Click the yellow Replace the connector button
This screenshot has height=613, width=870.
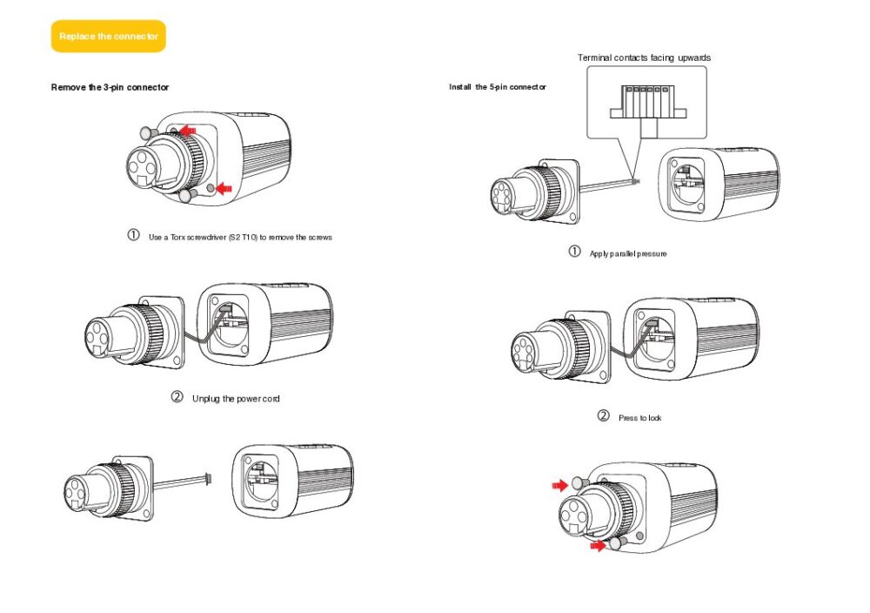coord(108,37)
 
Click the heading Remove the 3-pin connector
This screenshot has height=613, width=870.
coord(110,87)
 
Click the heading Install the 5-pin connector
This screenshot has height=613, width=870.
coord(498,87)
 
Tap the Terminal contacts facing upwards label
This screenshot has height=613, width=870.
coord(644,57)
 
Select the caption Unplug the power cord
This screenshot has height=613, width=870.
coord(236,399)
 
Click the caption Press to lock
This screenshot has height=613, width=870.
coord(639,418)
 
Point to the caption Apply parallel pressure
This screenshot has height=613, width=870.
coord(628,253)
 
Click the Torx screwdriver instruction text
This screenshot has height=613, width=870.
coord(240,237)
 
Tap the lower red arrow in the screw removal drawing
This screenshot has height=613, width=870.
coord(224,187)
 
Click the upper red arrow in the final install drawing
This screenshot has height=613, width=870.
coord(559,484)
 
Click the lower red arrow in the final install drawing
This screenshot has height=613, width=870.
coord(598,545)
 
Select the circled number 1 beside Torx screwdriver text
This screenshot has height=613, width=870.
coord(133,236)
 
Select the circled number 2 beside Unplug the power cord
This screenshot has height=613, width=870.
coord(177,398)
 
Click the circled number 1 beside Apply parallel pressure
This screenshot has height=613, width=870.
coord(574,253)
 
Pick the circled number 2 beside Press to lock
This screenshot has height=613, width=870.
coord(603,417)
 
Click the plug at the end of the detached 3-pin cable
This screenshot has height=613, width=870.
coord(207,478)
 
